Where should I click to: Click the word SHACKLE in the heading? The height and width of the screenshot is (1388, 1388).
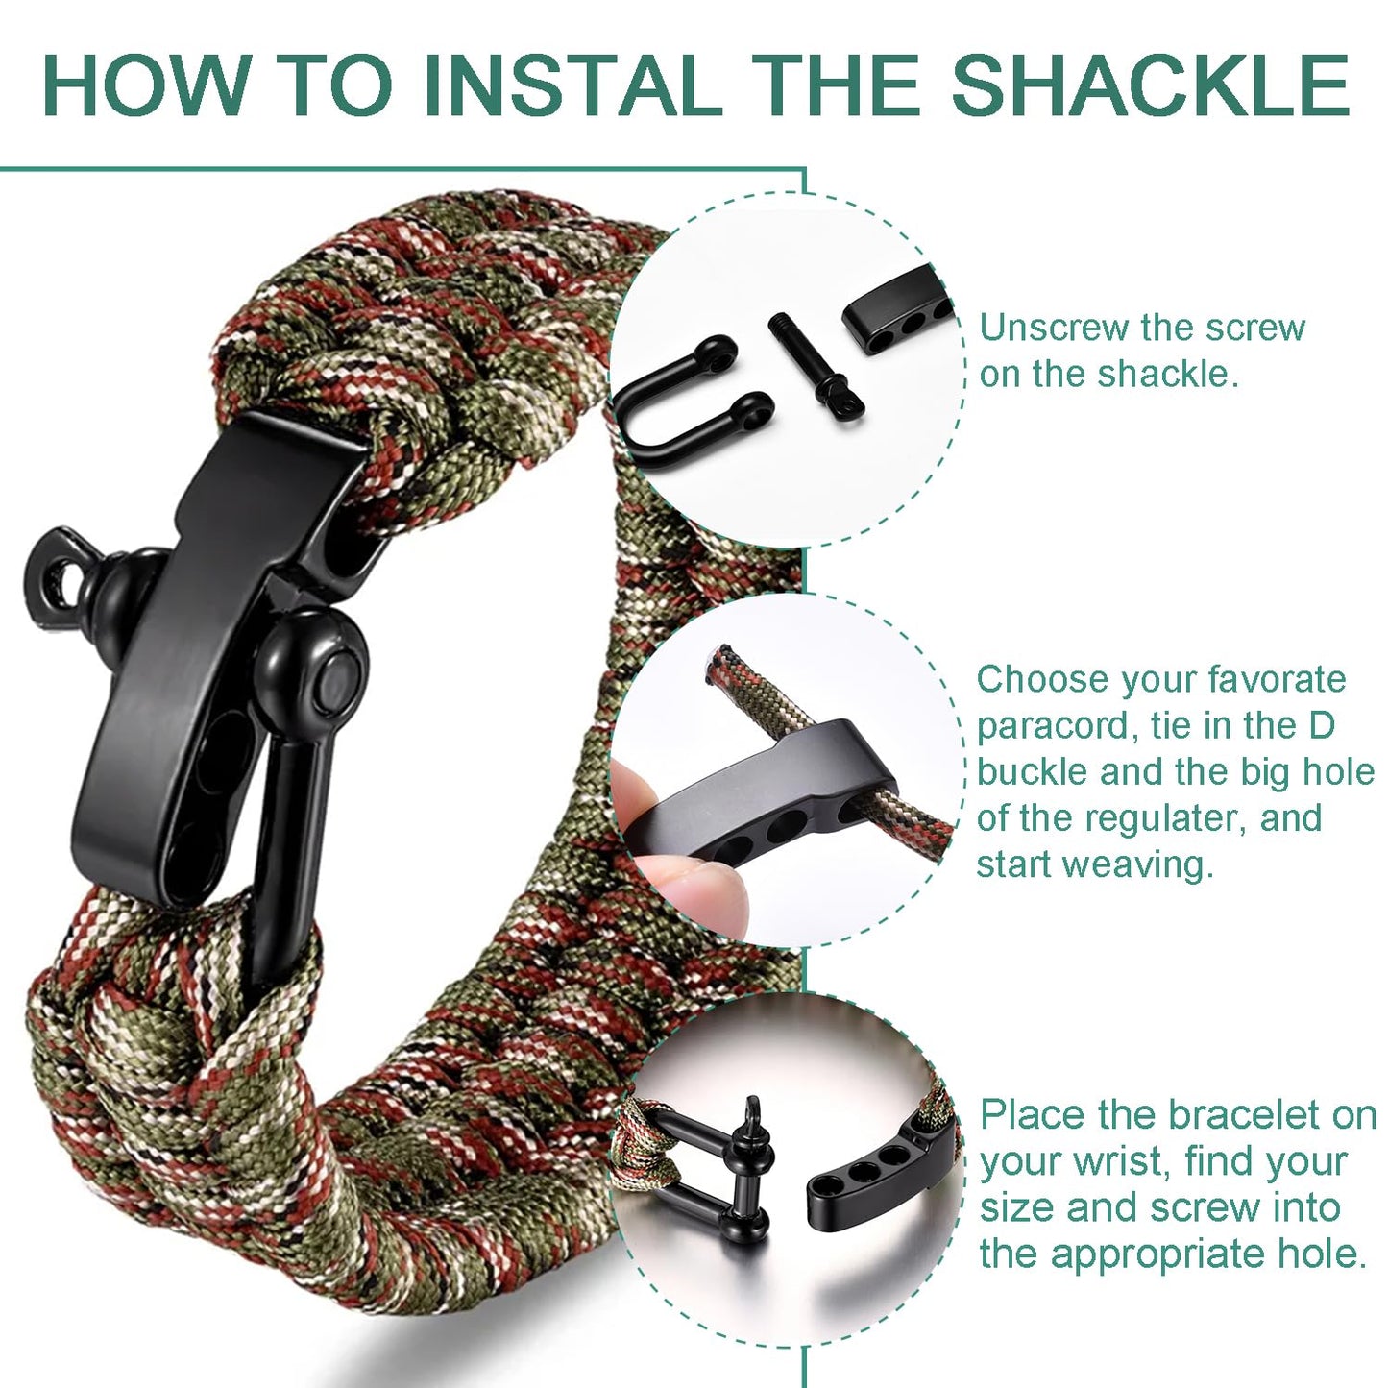(1150, 85)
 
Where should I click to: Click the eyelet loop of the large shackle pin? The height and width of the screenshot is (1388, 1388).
(60, 580)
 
